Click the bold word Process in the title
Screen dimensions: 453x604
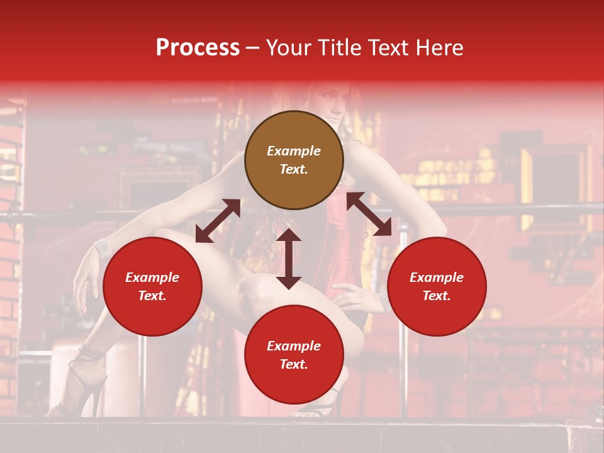(198, 48)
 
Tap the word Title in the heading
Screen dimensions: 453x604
(334, 48)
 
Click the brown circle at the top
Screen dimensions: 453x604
(294, 160)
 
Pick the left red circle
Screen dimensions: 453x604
(152, 286)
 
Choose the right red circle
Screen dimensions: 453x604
(437, 286)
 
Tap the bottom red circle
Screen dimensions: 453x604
(294, 355)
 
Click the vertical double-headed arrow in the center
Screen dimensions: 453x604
(289, 259)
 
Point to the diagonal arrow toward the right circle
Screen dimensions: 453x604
(369, 214)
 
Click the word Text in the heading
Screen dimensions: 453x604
(388, 48)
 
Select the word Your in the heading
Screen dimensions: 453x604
(287, 48)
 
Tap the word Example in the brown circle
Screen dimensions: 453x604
(294, 151)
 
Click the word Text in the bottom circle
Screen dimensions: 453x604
(294, 364)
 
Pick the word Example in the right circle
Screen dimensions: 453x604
(437, 277)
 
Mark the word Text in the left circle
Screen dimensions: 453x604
(152, 296)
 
